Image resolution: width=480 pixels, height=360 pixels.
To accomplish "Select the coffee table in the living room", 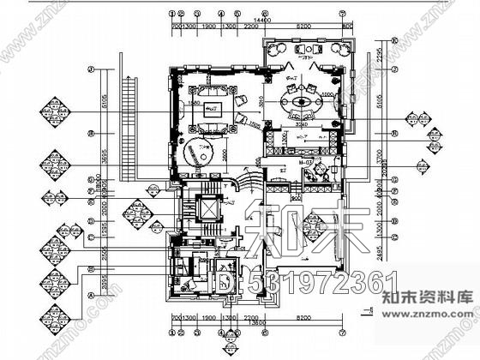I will (212, 109).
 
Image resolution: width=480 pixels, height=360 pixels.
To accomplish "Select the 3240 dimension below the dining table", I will (301, 124).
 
